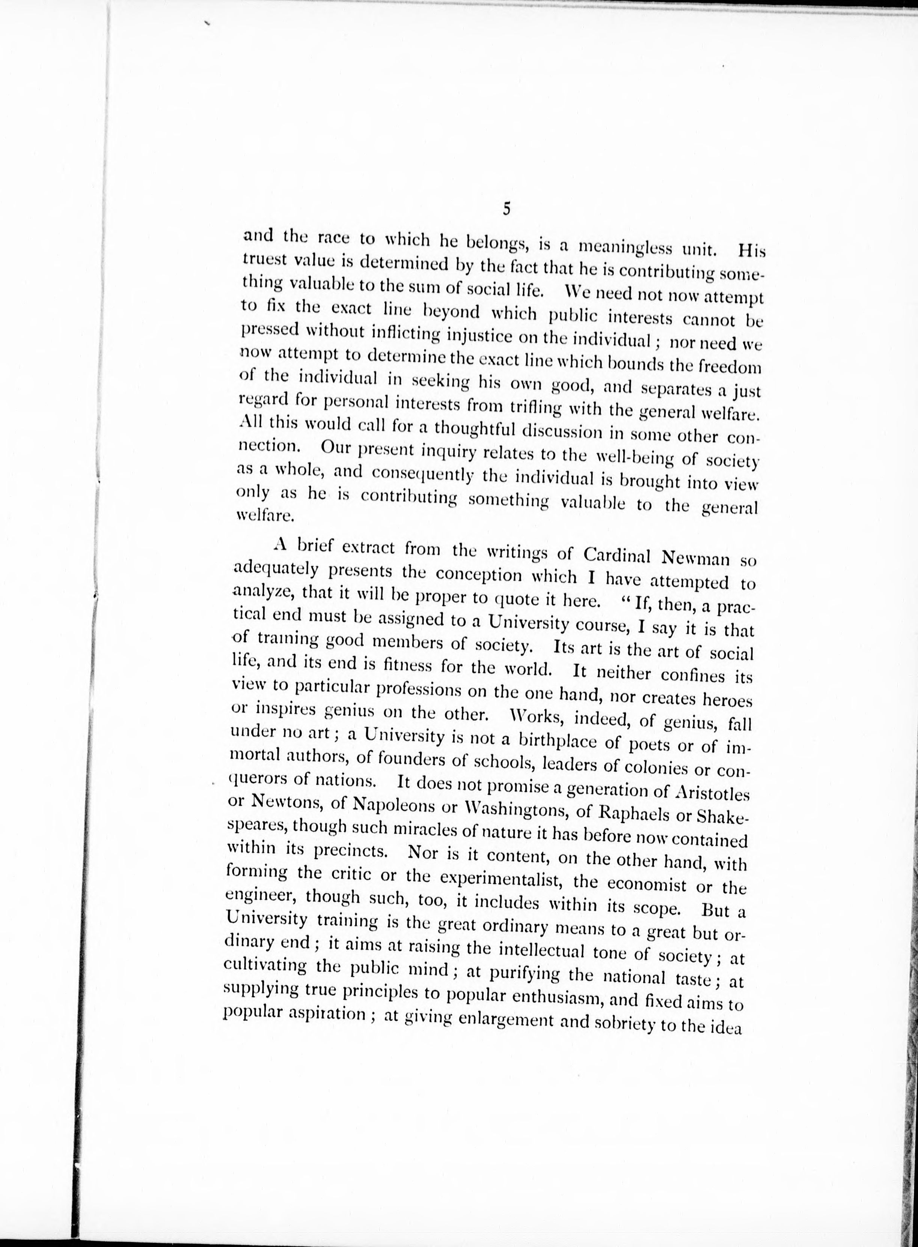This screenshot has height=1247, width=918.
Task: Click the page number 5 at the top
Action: (506, 210)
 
